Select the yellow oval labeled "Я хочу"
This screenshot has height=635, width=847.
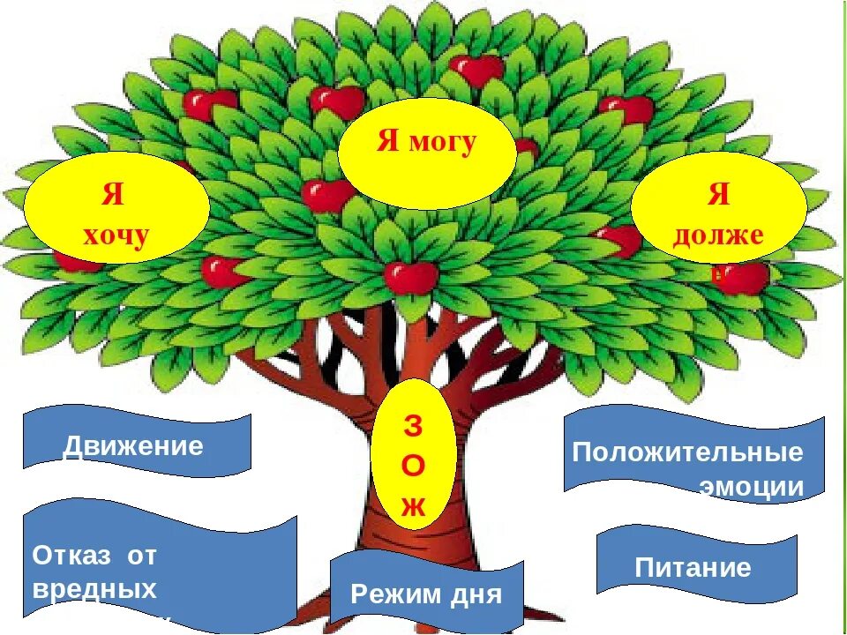click(116, 211)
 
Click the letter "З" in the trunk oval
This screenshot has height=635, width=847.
click(413, 425)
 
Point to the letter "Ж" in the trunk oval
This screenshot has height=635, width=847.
click(413, 505)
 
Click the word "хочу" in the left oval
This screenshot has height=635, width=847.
click(116, 235)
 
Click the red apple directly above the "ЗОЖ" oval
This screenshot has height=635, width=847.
click(411, 276)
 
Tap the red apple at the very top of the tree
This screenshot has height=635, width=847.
click(477, 69)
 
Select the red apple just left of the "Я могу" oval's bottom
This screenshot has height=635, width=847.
click(326, 195)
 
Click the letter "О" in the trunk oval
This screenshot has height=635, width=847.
click(413, 465)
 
